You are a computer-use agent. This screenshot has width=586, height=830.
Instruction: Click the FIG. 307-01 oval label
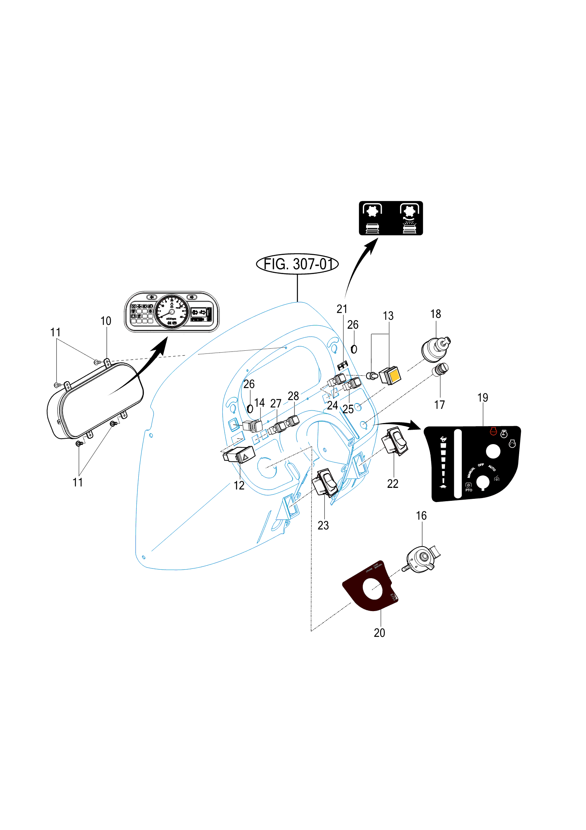[297, 264]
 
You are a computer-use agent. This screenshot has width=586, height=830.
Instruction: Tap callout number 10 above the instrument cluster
[106, 321]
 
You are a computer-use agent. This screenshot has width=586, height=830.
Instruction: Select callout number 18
[436, 314]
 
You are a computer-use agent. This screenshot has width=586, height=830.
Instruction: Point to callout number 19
[483, 398]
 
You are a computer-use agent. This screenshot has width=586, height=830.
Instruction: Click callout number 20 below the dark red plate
[379, 633]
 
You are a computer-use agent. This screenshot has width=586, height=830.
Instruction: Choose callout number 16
[421, 516]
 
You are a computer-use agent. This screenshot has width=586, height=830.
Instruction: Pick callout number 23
[323, 525]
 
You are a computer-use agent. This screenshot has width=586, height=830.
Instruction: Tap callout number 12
[239, 486]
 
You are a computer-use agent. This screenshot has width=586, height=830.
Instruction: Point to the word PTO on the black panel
[469, 490]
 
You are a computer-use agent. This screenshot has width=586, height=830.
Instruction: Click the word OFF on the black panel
[481, 465]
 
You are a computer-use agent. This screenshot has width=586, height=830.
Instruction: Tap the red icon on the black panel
[493, 431]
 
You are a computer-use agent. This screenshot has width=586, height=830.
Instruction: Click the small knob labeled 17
[441, 369]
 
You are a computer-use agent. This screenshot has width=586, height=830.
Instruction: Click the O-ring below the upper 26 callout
[354, 349]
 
